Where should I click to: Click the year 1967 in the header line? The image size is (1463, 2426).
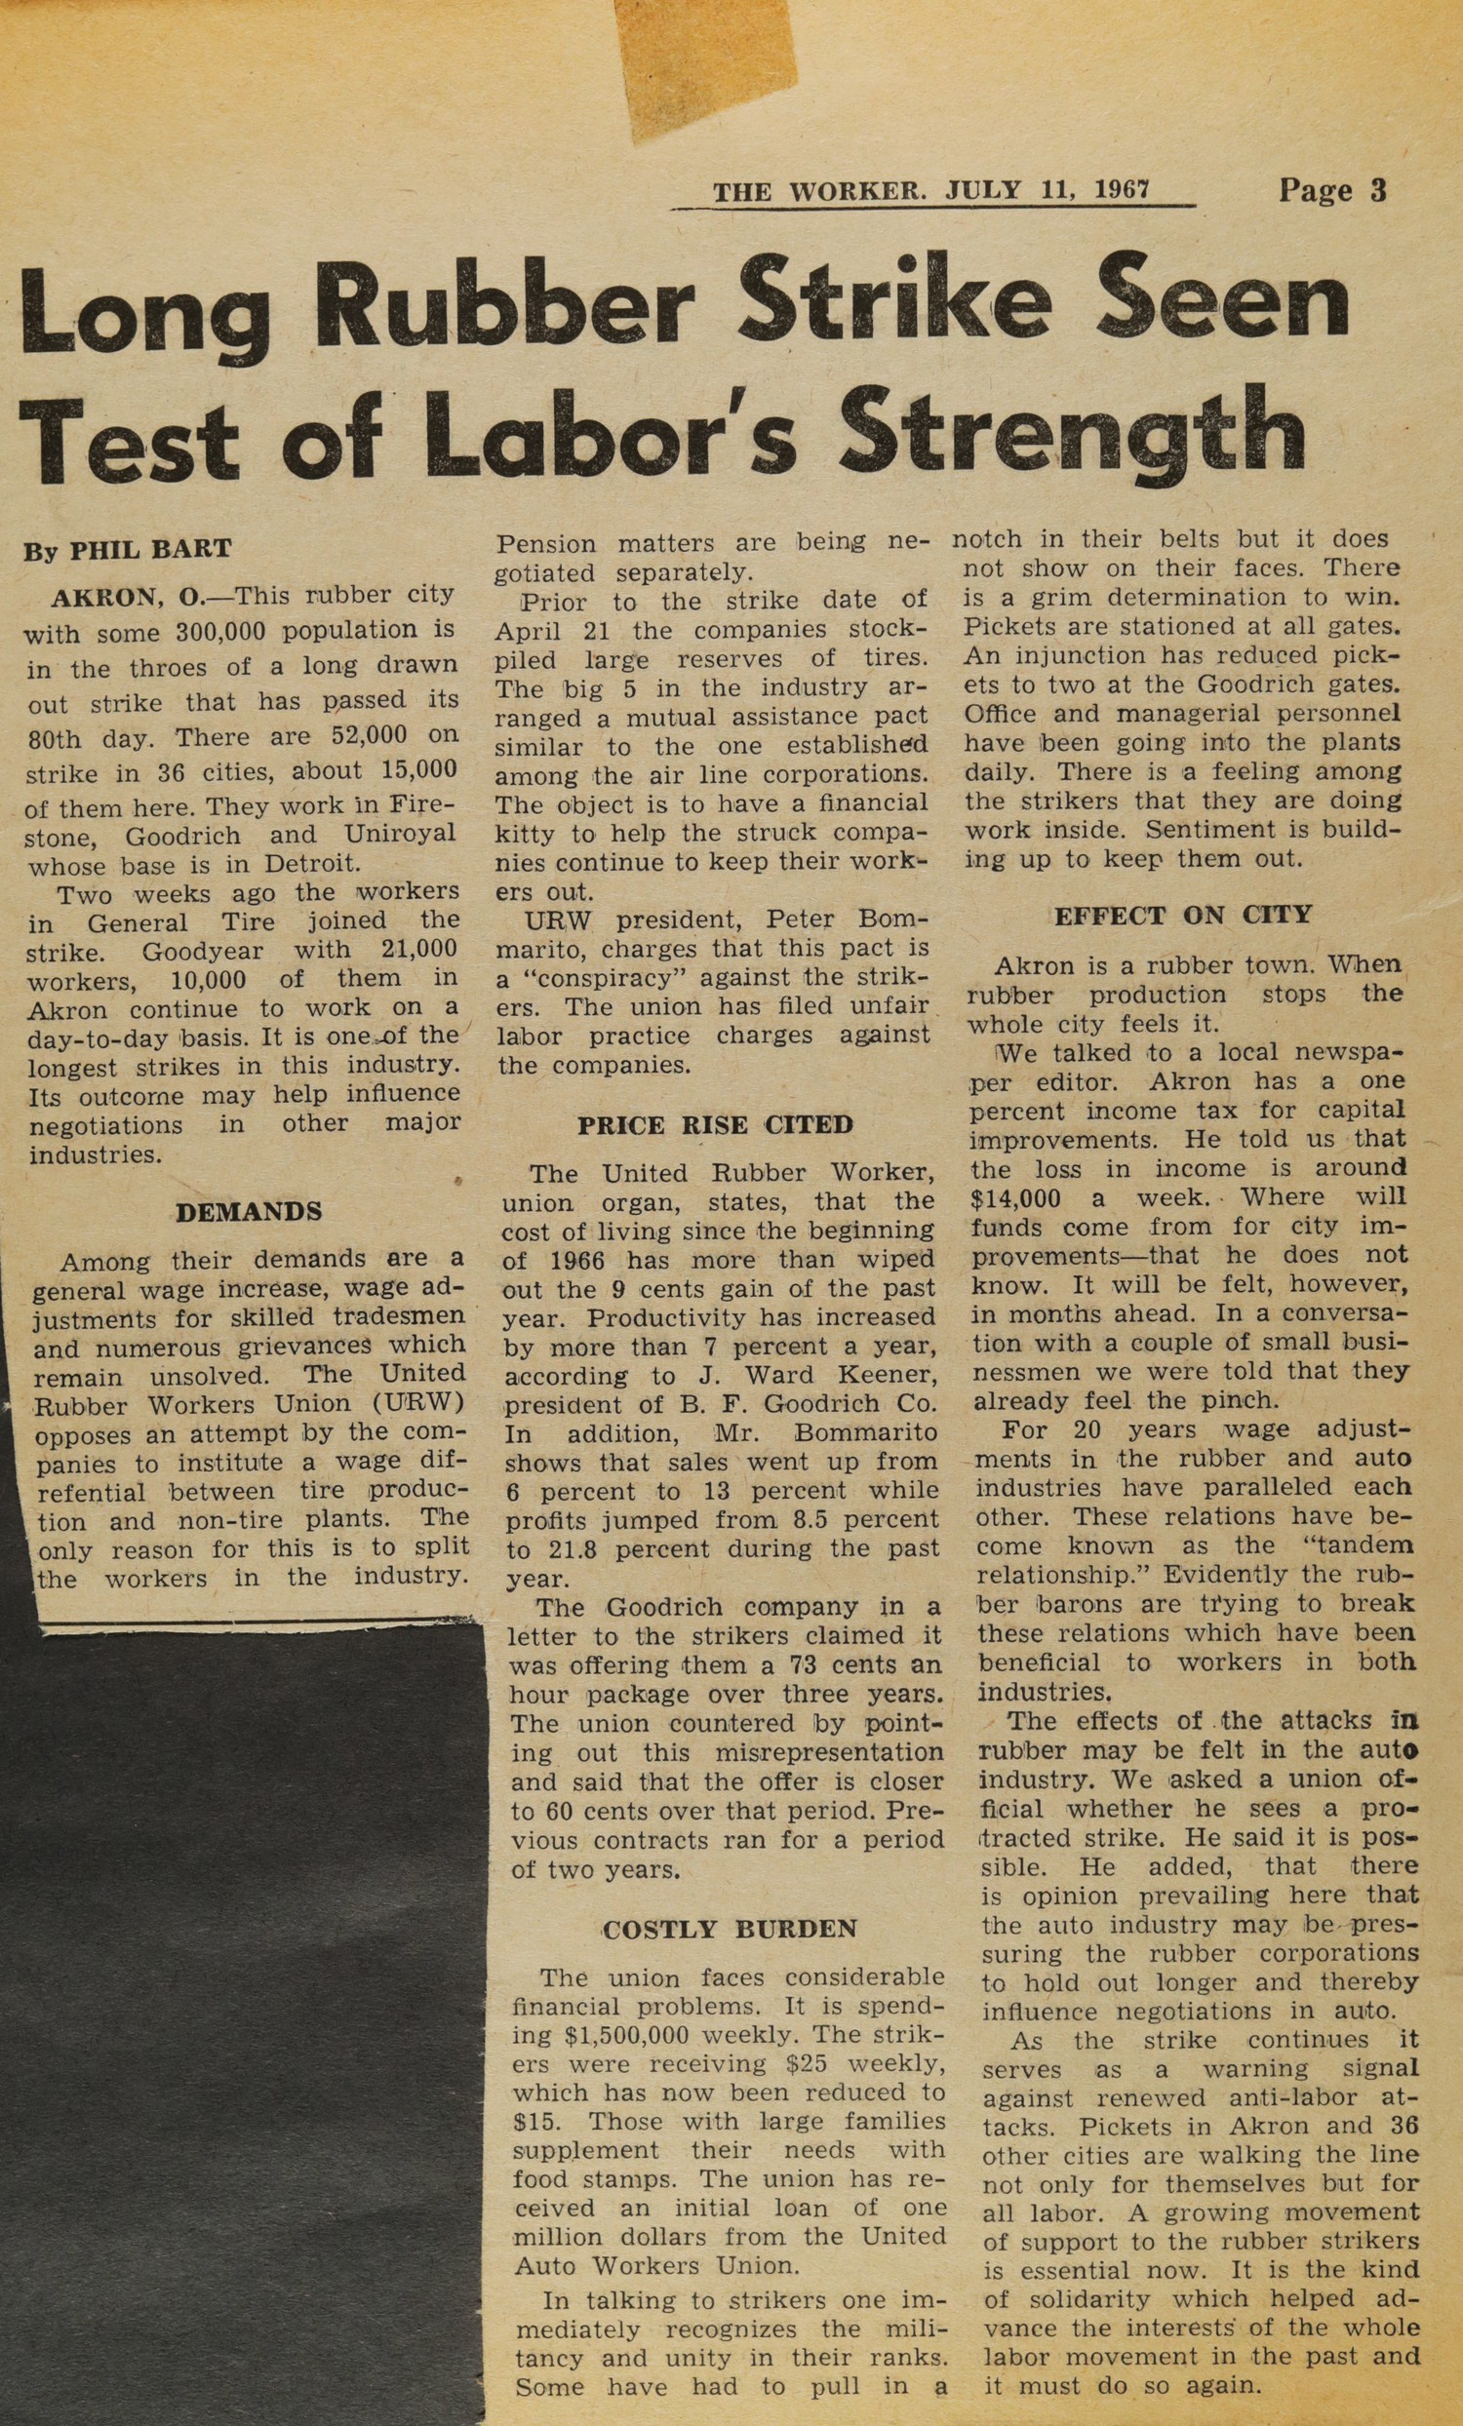[x=1123, y=190]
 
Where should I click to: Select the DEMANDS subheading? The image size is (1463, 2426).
[x=248, y=1212]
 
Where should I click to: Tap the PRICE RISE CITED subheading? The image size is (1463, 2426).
[x=715, y=1124]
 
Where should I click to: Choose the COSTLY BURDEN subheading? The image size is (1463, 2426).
[x=729, y=1929]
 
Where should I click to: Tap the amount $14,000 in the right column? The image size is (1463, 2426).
[x=1015, y=1198]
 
